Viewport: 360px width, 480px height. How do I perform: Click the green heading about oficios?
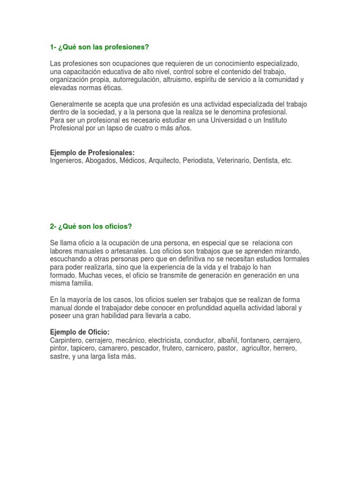[x=91, y=226]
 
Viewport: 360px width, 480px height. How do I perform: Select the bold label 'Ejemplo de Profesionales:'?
[x=92, y=153]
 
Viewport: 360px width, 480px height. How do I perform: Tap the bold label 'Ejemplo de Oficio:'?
[x=79, y=332]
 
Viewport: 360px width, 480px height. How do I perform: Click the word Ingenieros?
[x=66, y=161]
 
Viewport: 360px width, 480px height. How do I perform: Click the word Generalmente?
[x=71, y=104]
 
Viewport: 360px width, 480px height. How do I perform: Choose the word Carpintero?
[x=67, y=340]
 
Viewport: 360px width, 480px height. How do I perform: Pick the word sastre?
[x=59, y=357]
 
